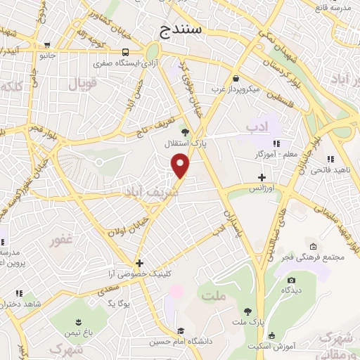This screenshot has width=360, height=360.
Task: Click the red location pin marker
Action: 181,165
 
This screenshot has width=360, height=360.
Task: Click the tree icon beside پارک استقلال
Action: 185,131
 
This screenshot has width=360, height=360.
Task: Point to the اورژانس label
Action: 258,189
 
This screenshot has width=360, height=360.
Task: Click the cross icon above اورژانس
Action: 262,177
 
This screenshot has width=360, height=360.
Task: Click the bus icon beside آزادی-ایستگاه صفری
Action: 125,52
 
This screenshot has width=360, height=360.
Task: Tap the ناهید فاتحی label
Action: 330,169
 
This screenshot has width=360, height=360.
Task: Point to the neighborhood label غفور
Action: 60,240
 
